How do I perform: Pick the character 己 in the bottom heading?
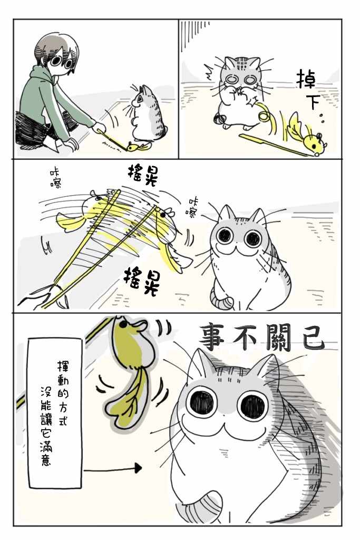pyautogui.click(x=311, y=337)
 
